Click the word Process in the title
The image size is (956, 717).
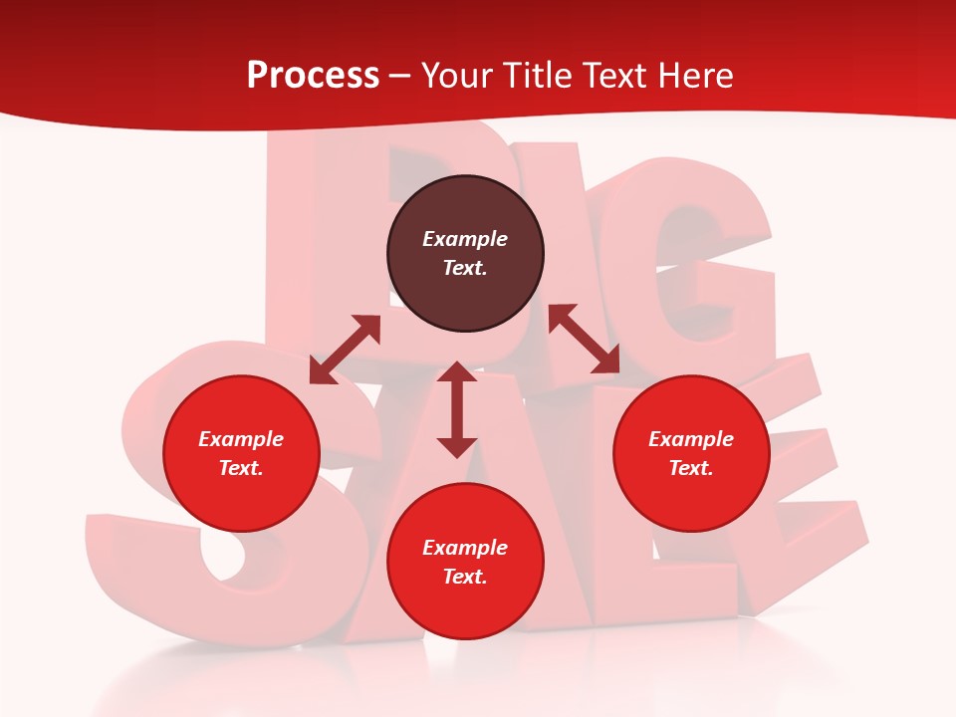click(313, 76)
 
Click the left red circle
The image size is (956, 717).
click(241, 454)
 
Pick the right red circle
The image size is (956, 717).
click(690, 454)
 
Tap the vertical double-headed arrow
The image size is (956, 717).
click(457, 409)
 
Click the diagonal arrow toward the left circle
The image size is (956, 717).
click(345, 350)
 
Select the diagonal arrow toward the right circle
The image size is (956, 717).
click(584, 339)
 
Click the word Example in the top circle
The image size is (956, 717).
click(465, 239)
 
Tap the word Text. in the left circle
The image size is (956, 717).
click(241, 468)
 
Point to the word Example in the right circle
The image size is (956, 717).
click(690, 439)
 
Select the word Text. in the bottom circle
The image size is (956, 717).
click(465, 577)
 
